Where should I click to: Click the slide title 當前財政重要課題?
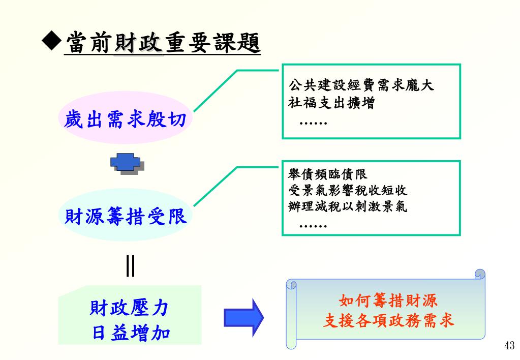coord(162,43)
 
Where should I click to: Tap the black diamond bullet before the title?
coord(51,43)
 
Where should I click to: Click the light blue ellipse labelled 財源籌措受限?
coord(126,217)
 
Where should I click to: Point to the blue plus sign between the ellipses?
coord(125,163)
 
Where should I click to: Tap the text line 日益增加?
coord(131,333)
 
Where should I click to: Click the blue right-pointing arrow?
coord(244,317)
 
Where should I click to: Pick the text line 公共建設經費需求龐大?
coord(361,85)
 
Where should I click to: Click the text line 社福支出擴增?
coord(331,103)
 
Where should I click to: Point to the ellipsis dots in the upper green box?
coord(313,123)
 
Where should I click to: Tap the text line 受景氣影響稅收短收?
coord(347,191)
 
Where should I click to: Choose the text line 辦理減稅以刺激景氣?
coord(347,207)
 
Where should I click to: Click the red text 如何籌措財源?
coord(388,301)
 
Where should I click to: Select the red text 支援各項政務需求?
coord(388,321)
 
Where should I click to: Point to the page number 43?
coord(509,346)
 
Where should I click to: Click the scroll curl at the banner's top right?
coord(479,275)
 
